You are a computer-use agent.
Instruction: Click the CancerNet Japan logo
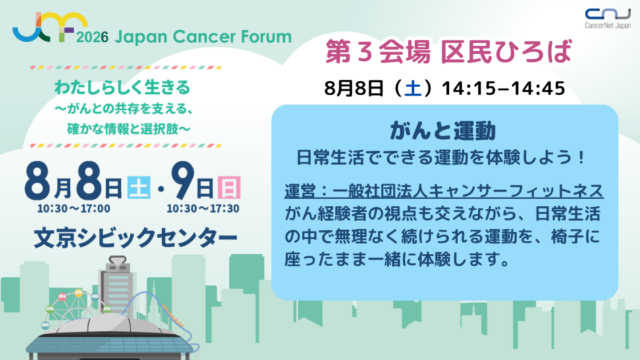607,18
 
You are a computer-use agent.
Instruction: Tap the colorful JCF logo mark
50,27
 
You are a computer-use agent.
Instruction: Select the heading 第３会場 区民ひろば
448,52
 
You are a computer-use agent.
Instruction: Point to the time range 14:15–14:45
503,88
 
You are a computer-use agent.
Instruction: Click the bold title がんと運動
443,131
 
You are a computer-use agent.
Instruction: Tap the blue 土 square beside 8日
139,187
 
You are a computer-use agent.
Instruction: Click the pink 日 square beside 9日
229,187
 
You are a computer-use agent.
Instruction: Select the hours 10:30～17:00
73,209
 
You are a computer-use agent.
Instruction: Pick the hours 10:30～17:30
203,209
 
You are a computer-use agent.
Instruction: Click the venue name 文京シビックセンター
136,238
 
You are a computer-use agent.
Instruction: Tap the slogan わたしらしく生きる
122,87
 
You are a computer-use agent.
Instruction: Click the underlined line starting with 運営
444,191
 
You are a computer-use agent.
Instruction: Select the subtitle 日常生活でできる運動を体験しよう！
441,158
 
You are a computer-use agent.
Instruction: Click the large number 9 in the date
182,180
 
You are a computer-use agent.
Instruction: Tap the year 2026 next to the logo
92,38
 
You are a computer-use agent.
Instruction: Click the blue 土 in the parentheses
412,88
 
